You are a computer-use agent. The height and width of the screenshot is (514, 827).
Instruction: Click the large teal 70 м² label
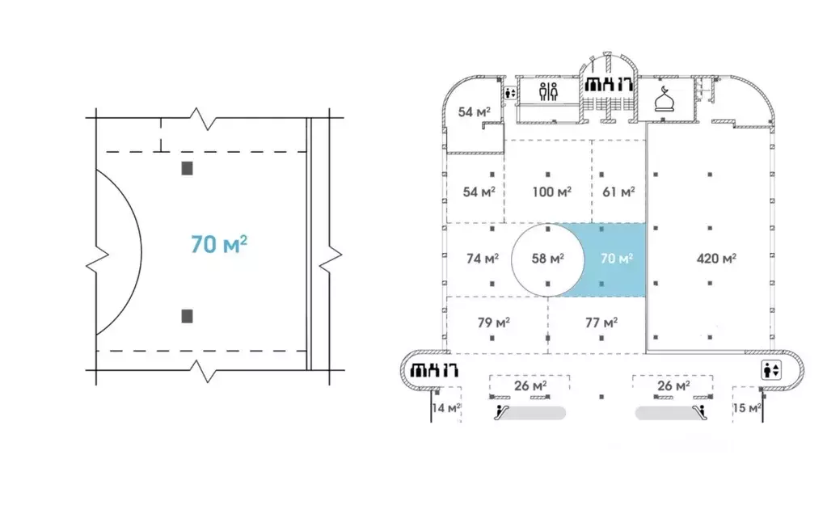pos(219,244)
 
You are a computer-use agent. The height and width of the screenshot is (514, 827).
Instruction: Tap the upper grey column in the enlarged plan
pos(188,168)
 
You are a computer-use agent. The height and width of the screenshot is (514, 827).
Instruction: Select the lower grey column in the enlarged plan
pos(188,316)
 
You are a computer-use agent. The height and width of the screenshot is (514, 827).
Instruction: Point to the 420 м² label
pos(716,259)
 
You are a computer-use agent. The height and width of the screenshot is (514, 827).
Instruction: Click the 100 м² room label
pos(551,192)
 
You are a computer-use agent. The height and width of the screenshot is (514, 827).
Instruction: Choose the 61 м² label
pos(618,192)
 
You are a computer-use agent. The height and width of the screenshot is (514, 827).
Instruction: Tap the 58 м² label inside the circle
pos(548,259)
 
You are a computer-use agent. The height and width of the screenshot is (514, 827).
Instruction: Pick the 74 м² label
pos(483,259)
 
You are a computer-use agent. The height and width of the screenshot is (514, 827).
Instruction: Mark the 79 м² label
pos(494,322)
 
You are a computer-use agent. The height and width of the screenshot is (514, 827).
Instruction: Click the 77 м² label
pos(601,322)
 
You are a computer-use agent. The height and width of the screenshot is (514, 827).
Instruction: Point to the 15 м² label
pos(747,408)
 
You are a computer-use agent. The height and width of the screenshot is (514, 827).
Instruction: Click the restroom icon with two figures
pos(549,92)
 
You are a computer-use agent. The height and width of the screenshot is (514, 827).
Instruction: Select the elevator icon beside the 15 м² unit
pos(771,370)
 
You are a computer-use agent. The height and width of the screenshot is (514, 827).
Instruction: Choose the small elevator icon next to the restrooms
pos(510,93)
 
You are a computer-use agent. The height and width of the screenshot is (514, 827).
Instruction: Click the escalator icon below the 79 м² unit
pos(502,411)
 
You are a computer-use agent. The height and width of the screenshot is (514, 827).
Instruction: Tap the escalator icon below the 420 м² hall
pos(700,411)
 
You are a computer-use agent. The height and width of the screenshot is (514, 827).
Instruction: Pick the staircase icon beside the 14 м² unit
pos(434,370)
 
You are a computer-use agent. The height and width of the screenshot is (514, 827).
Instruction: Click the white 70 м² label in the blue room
pos(617,259)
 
